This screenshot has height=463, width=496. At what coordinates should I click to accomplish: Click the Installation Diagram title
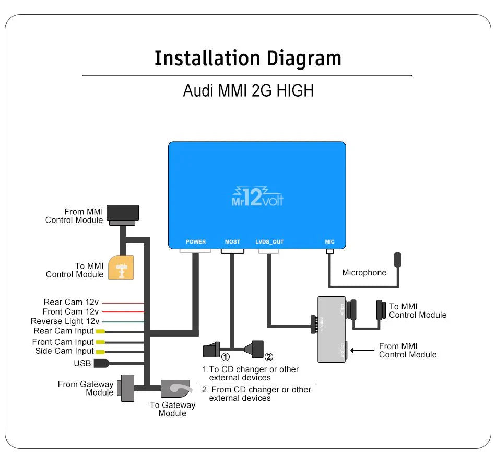247,59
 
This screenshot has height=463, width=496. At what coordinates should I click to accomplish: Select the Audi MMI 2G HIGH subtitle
248,90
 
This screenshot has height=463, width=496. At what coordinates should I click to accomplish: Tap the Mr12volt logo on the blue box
257,196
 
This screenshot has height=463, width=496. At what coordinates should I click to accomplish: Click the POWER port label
196,242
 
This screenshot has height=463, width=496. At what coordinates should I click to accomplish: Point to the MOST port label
232,242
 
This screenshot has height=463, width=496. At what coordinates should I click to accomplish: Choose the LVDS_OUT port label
269,242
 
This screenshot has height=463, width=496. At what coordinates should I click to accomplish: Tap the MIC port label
329,242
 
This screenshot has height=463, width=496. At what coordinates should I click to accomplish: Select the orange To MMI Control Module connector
121,267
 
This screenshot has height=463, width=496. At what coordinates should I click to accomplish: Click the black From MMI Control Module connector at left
123,213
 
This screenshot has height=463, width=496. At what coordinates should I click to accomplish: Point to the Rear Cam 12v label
71,302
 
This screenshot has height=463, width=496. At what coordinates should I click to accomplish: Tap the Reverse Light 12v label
65,321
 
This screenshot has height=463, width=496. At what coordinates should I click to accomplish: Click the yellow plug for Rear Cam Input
100,331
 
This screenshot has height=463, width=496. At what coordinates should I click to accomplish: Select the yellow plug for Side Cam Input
100,352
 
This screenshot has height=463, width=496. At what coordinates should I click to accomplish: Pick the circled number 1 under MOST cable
226,357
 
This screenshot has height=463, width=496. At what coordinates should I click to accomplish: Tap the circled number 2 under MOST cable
269,357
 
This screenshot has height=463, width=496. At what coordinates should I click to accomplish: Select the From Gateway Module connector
126,388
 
